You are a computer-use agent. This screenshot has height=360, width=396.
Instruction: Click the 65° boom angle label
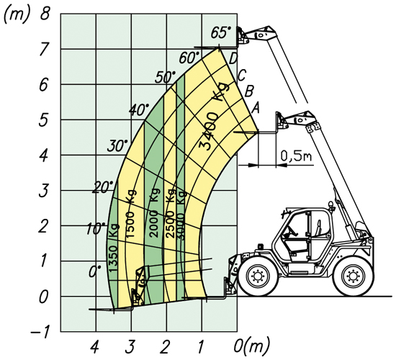pos(221,32)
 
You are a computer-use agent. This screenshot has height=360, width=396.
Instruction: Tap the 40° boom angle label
pos(139,109)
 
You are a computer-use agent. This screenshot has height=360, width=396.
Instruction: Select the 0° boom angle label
pos(95,271)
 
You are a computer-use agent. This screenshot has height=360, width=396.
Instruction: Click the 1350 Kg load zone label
pos(113,248)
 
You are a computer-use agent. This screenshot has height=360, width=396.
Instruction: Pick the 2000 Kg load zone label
pos(154,213)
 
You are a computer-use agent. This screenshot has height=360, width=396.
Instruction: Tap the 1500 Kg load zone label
pos(130,214)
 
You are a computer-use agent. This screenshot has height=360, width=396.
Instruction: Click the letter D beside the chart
pos(233,60)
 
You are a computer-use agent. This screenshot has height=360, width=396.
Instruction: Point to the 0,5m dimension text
pos(296,156)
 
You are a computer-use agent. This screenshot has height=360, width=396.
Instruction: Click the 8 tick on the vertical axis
pos(45,14)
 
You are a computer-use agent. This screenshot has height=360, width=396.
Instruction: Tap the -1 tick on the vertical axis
pos(40,333)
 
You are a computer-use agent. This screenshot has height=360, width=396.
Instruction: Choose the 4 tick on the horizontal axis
pos(94,347)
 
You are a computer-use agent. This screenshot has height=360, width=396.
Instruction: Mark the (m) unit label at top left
pos(17,15)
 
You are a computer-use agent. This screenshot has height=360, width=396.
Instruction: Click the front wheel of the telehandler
pos(257,276)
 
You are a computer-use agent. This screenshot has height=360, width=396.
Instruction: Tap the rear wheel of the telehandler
pos(353,276)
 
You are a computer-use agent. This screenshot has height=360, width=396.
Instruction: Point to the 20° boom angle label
pos(103,187)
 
